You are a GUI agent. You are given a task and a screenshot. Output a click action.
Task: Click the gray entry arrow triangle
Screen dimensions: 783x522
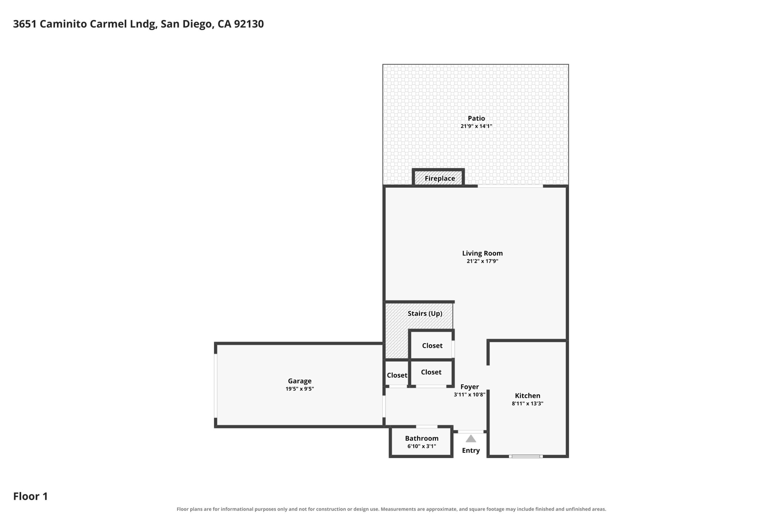tap(471, 439)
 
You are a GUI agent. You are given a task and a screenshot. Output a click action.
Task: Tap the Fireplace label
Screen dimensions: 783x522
tap(440, 179)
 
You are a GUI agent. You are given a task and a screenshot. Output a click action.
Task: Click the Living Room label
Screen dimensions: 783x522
tap(482, 253)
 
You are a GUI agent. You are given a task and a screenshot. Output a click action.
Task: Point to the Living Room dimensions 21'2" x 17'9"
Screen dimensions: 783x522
tap(482, 261)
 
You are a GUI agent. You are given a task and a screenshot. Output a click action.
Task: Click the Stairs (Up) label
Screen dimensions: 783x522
tap(425, 314)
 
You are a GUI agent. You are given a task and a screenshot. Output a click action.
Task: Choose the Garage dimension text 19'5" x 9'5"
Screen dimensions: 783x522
tap(300, 389)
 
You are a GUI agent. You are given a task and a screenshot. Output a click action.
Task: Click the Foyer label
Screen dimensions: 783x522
tap(469, 387)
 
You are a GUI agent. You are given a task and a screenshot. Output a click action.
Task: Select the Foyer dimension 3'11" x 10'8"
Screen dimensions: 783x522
tap(469, 395)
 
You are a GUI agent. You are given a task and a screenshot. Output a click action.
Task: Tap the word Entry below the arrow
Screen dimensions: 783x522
tap(471, 450)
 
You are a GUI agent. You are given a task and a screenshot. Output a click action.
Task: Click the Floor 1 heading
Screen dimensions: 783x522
tap(30, 496)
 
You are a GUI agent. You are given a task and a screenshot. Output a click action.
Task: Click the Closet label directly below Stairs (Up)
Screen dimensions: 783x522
tap(432, 346)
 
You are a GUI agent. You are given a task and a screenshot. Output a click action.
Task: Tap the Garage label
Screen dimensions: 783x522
tap(300, 381)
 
